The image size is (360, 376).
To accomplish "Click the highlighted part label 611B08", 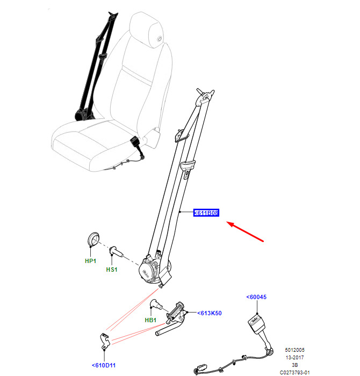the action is click(206, 212).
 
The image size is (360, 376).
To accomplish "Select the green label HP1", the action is click(91, 261).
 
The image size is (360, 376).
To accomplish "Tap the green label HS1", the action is click(112, 269).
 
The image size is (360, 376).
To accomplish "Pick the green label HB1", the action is click(150, 320).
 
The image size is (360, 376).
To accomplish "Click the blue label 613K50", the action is click(210, 313).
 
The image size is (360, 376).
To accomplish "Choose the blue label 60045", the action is click(256, 297).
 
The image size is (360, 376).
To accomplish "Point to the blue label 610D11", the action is click(104, 365).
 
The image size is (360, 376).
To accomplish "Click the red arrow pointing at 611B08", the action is click(245, 231).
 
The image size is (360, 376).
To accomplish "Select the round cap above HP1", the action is click(93, 239).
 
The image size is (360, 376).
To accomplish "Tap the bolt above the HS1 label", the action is click(116, 252).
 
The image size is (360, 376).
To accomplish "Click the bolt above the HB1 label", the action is click(156, 304).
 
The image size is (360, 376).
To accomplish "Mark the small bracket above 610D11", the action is click(105, 340).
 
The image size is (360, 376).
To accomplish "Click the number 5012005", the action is click(294, 350).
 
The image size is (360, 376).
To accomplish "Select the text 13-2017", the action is click(294, 357).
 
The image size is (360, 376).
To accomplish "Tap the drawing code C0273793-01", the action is click(294, 372).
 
